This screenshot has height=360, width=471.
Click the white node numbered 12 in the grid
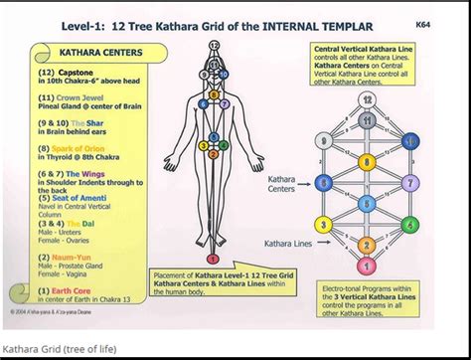pyautogui.click(x=367, y=100)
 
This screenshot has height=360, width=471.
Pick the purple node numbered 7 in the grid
pyautogui.click(x=408, y=182)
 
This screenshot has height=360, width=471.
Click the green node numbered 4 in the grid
pyautogui.click(x=408, y=225)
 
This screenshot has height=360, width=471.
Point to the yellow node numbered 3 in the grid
pyautogui.click(x=326, y=225)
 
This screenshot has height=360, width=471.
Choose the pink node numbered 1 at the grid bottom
pyautogui.click(x=367, y=266)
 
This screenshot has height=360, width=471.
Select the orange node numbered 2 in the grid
pyautogui.click(x=367, y=245)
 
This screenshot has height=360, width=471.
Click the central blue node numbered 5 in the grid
pyautogui.click(x=367, y=204)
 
